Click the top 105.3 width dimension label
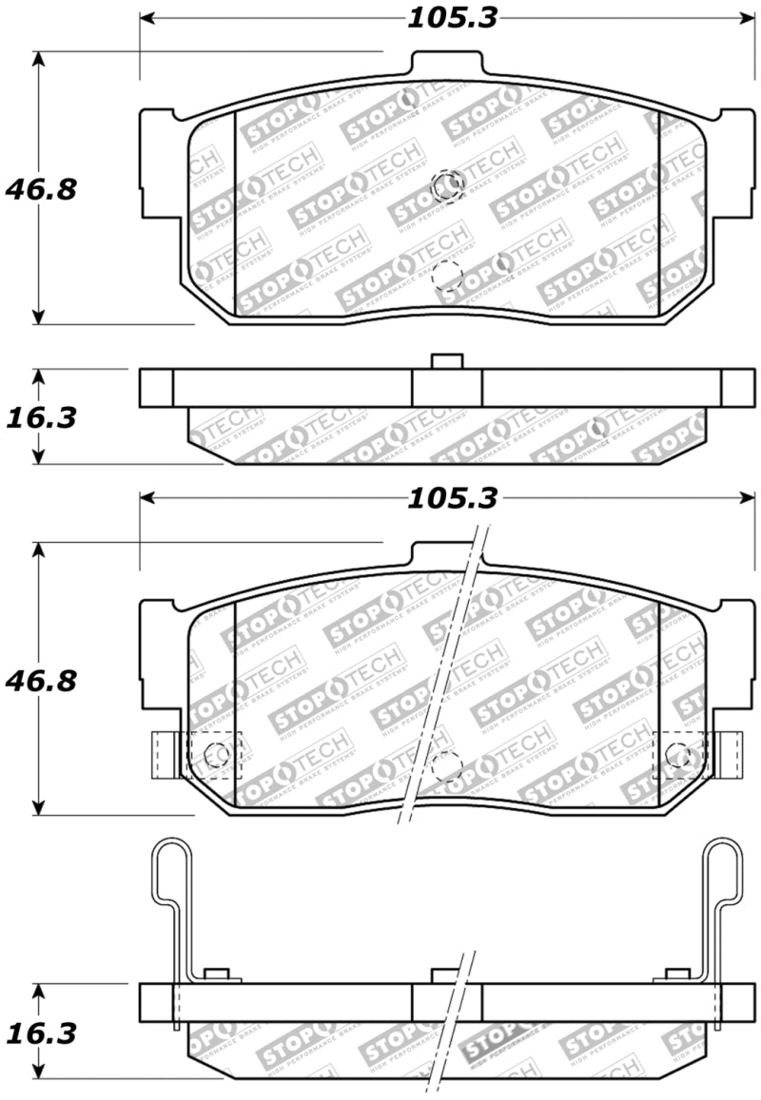(x=452, y=17)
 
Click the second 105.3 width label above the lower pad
(x=452, y=498)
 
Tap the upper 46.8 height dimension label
(x=40, y=189)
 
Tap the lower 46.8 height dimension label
(x=40, y=681)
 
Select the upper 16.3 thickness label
(x=40, y=417)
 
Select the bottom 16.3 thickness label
(x=40, y=1032)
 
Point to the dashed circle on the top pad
(x=446, y=276)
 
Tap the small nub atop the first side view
(x=445, y=360)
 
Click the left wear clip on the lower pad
(x=164, y=754)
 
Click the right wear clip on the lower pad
(x=730, y=754)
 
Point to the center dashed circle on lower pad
(x=446, y=766)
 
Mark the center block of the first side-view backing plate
(x=446, y=386)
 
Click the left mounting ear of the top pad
(x=158, y=162)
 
